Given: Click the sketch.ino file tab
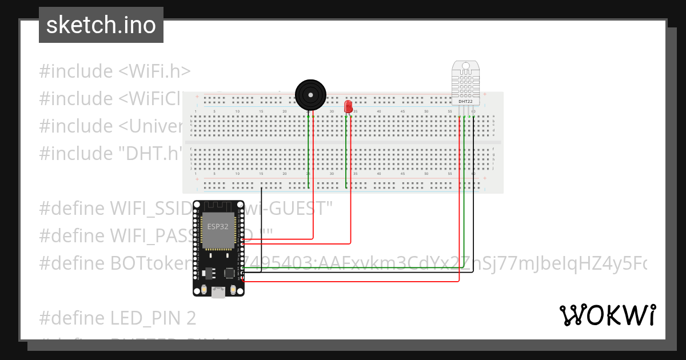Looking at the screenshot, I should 101,25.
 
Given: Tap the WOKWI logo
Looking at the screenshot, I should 607,315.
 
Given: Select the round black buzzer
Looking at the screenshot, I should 310,93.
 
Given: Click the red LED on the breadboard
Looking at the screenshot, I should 348,106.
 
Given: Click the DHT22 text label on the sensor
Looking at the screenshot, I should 466,101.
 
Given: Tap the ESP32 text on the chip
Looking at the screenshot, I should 218,225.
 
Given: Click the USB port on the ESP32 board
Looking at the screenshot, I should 218,292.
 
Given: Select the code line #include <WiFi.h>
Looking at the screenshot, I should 114,71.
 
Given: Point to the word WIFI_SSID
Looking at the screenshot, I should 151,209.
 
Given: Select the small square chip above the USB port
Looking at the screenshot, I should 230,273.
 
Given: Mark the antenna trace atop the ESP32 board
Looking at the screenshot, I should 218,206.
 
